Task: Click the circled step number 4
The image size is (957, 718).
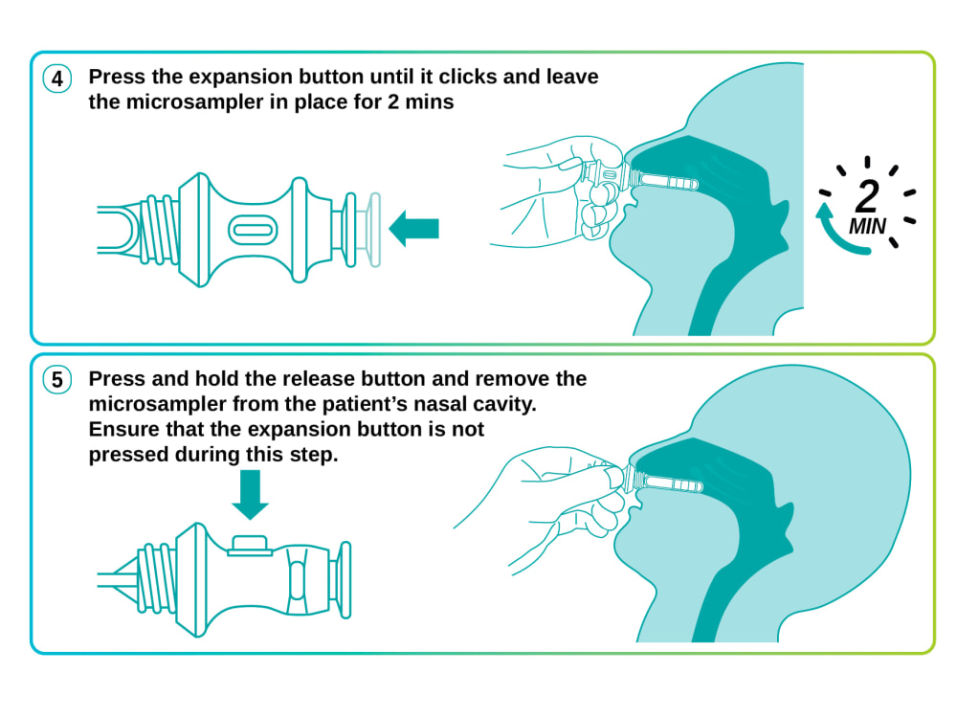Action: click(56, 79)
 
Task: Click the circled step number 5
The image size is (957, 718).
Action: click(56, 380)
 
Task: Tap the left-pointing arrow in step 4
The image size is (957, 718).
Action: click(413, 229)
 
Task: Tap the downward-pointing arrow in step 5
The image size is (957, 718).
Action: click(250, 494)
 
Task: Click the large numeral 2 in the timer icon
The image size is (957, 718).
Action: click(867, 196)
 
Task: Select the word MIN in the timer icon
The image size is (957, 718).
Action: click(867, 227)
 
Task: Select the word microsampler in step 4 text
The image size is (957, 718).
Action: click(194, 102)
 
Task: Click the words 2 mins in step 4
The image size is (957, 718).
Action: click(420, 101)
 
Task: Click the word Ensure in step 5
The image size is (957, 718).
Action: click(123, 429)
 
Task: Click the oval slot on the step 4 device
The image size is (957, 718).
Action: click(253, 230)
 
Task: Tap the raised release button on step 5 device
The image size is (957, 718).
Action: click(250, 546)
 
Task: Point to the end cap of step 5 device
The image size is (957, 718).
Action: click(345, 579)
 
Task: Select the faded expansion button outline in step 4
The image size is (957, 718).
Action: click(373, 230)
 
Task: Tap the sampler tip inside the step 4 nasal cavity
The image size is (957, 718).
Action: click(668, 181)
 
